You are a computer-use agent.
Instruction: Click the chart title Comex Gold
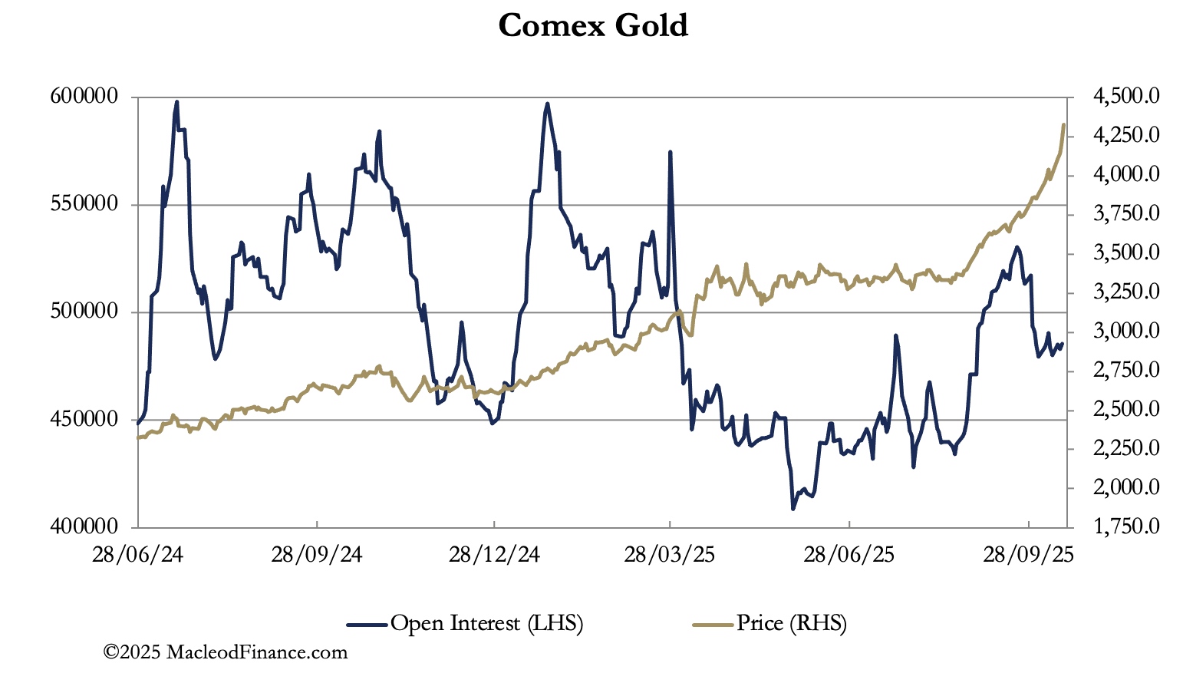point(593,25)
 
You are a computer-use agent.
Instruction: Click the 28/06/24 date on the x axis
point(137,554)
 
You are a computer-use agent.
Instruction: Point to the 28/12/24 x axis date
point(494,554)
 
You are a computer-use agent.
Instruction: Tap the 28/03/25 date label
point(670,554)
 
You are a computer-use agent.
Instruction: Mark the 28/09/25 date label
point(1028,554)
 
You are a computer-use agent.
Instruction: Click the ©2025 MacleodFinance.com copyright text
point(226,652)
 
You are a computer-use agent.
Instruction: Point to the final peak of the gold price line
point(1063,124)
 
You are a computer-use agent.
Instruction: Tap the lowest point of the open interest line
point(793,509)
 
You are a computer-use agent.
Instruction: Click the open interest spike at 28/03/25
point(671,152)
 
